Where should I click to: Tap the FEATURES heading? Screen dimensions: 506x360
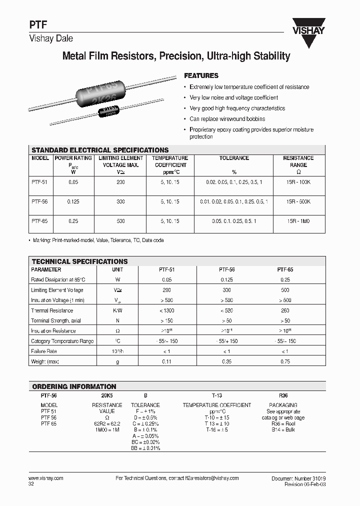(201, 76)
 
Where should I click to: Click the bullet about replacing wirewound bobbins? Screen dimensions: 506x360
(227, 119)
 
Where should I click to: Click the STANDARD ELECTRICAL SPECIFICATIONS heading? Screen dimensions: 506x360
(100, 150)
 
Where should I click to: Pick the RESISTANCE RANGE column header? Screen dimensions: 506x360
(298, 161)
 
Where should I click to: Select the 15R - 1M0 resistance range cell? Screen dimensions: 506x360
(298, 220)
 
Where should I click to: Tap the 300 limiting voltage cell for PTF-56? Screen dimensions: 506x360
(120, 201)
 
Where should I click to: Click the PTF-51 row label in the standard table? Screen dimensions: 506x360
(39, 183)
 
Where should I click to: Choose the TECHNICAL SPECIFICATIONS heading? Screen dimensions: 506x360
(79, 261)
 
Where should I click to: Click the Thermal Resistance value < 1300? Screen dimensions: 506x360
(167, 310)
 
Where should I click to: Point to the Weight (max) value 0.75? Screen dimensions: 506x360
(285, 361)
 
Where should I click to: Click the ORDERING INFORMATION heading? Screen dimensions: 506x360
(73, 386)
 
